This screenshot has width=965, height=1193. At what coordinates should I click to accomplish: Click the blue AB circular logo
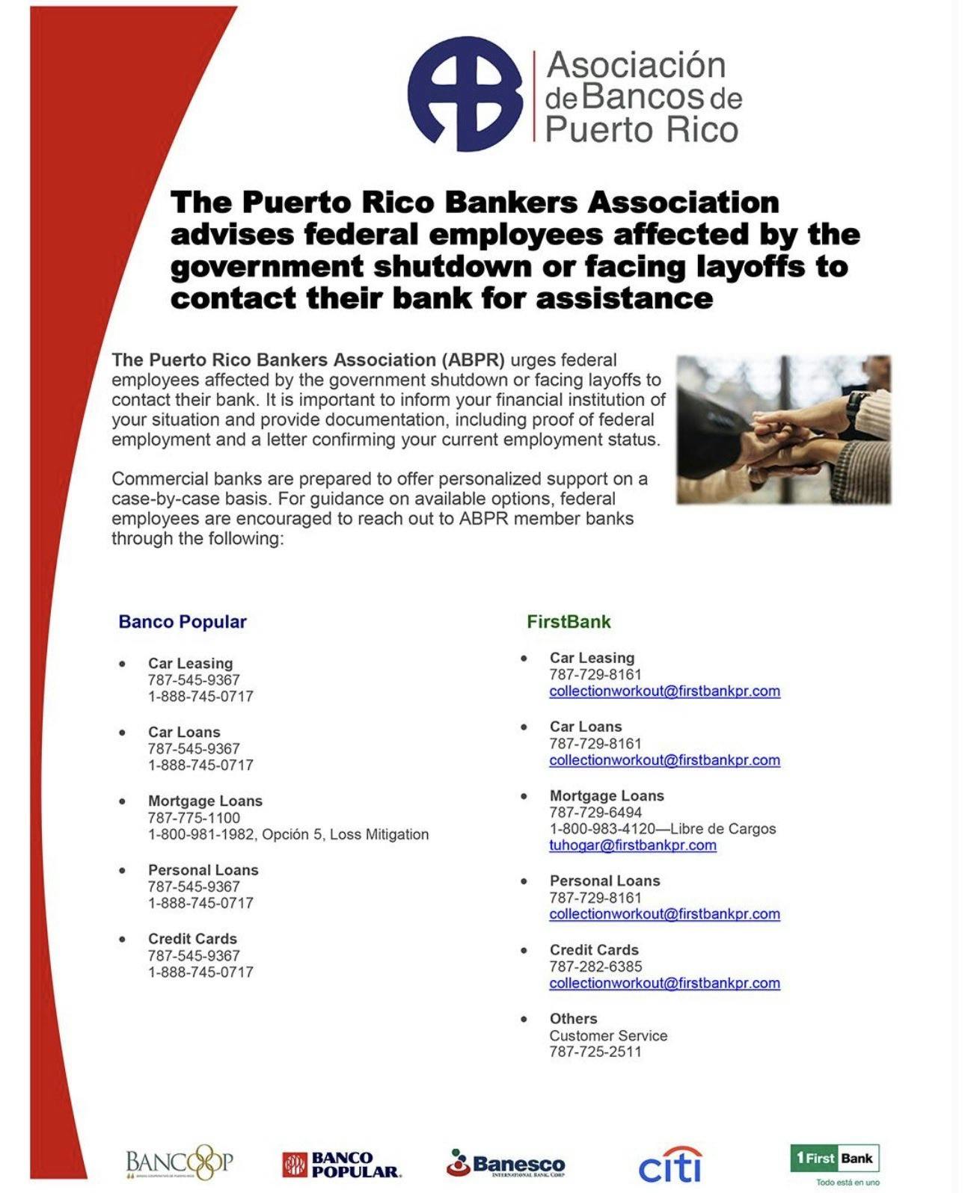pyautogui.click(x=465, y=93)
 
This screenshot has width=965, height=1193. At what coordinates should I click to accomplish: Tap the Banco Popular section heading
pyautogui.click(x=183, y=622)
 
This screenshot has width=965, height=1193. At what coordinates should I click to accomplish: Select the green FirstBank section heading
pyautogui.click(x=569, y=622)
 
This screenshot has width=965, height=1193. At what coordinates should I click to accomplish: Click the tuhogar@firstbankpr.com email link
pyautogui.click(x=633, y=845)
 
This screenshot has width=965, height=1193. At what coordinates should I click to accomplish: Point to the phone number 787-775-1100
pyautogui.click(x=194, y=818)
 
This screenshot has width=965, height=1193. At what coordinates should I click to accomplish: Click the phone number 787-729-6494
pyautogui.click(x=595, y=813)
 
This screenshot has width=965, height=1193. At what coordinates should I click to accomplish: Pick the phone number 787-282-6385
pyautogui.click(x=595, y=967)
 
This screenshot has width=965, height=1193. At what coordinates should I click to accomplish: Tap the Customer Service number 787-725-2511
pyautogui.click(x=595, y=1052)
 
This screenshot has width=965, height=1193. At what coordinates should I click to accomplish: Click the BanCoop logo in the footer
pyautogui.click(x=180, y=1162)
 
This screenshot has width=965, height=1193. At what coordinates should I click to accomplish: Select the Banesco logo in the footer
pyautogui.click(x=506, y=1163)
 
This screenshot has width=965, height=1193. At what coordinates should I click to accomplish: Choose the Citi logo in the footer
pyautogui.click(x=670, y=1165)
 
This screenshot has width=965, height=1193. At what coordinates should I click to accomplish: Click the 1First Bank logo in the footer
pyautogui.click(x=835, y=1159)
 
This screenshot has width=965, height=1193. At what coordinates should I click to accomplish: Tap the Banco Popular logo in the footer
pyautogui.click(x=342, y=1164)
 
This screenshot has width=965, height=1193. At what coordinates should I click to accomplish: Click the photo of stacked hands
pyautogui.click(x=783, y=429)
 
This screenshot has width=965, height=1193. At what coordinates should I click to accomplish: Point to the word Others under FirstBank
pyautogui.click(x=573, y=1019)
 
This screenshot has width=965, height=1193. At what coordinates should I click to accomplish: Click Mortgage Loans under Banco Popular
pyautogui.click(x=205, y=801)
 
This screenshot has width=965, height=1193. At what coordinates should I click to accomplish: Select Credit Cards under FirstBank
pyautogui.click(x=594, y=949)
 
